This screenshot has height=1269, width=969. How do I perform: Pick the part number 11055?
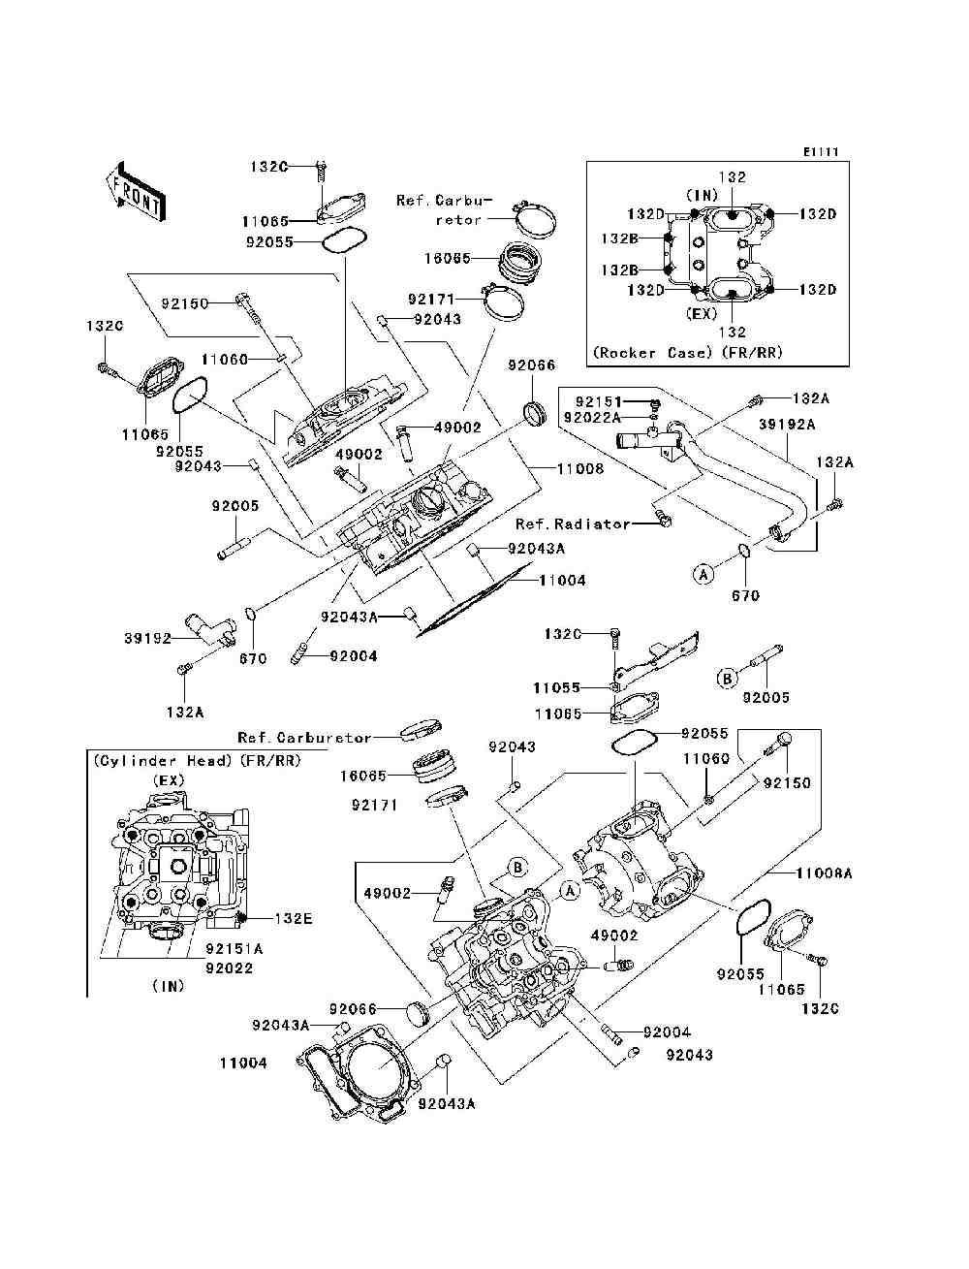click(x=556, y=687)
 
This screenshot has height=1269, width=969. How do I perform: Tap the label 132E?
click(x=291, y=917)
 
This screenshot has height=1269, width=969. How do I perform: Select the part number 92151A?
click(x=234, y=950)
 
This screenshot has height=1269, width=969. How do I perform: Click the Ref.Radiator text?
click(x=572, y=523)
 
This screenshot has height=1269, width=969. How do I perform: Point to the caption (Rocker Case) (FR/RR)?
click(x=686, y=352)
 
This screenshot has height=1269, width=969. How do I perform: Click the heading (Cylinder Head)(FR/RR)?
click(x=197, y=761)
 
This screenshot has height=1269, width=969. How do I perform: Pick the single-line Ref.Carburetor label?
click(x=304, y=738)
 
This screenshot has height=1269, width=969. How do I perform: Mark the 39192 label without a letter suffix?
click(x=147, y=638)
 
